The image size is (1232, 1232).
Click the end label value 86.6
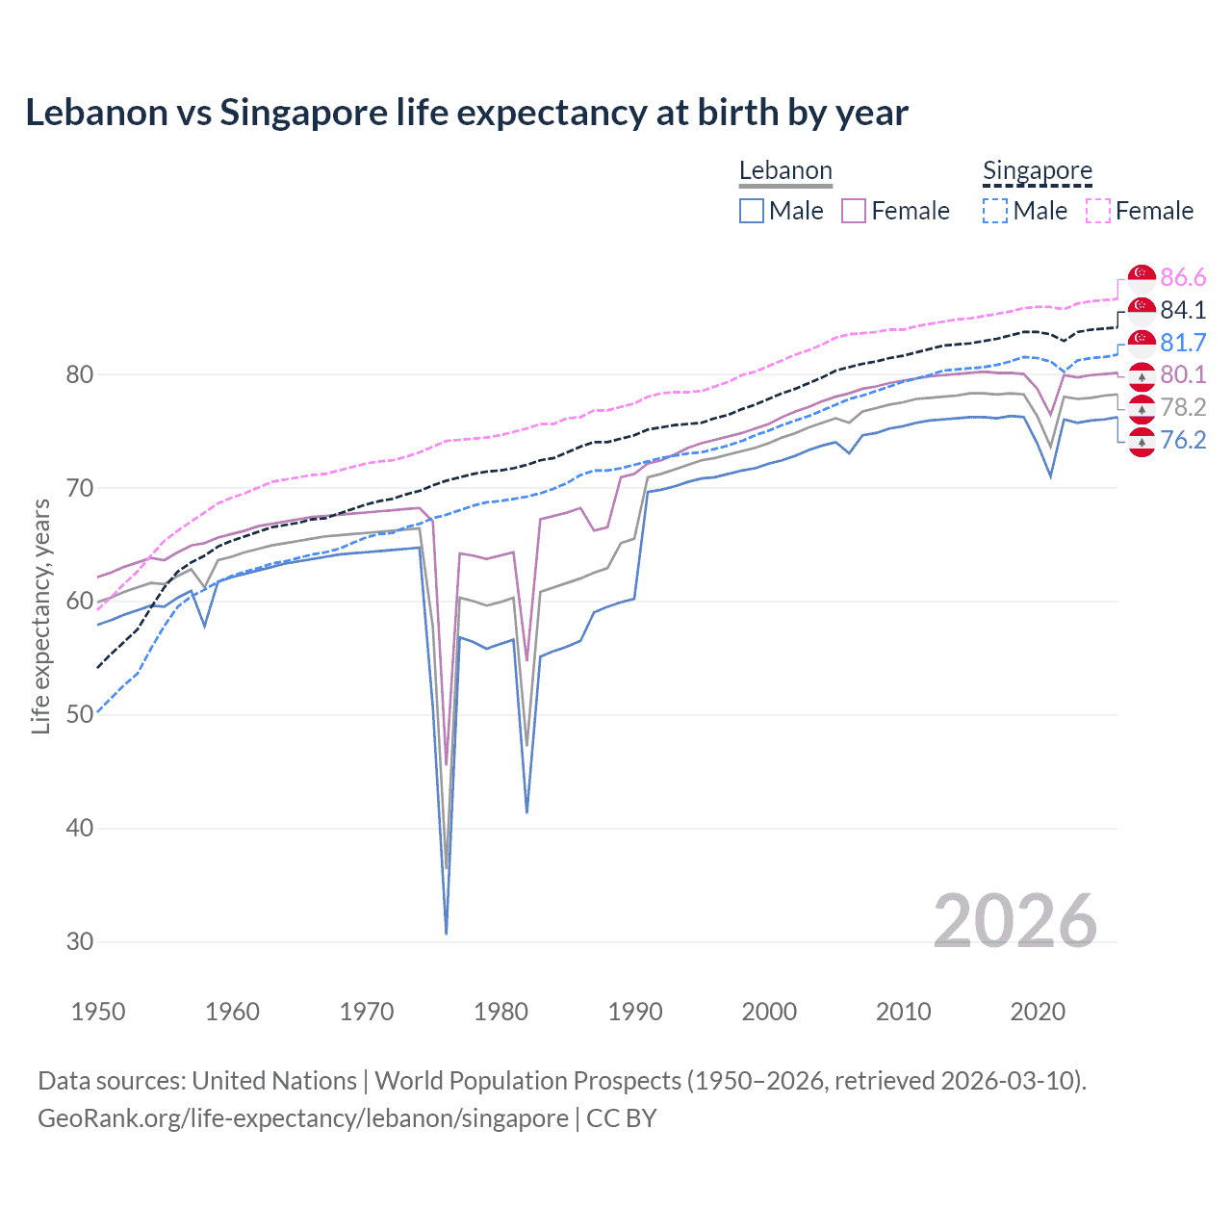coord(1183,278)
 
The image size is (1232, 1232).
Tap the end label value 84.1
coord(1183,310)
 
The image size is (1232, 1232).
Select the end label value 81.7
coord(1183,343)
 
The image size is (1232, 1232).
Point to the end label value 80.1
coord(1183,374)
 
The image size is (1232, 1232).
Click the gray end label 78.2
coord(1183,407)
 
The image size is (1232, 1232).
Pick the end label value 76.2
coord(1183,440)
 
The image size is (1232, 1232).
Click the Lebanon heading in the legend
coord(785,171)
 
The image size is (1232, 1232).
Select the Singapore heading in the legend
coord(1038,171)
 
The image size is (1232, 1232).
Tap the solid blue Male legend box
coord(752,211)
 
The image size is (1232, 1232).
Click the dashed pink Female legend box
coord(1098,211)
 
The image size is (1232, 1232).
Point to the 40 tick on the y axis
coord(80,829)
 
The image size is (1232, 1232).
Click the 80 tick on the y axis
coord(80,374)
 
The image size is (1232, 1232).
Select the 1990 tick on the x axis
coord(635,1012)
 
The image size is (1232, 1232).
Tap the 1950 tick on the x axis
coord(98,1012)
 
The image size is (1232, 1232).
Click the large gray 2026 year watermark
coord(1014,921)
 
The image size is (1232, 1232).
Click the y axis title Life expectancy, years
coord(40,616)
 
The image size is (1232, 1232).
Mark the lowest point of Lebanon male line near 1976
coord(447,933)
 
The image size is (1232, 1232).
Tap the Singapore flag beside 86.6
coord(1142,278)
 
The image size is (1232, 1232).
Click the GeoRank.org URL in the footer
coord(303,1118)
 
